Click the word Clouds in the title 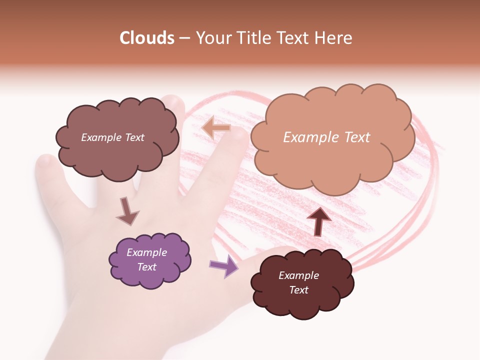(147, 38)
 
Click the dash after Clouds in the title (184, 38)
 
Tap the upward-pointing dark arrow (318, 221)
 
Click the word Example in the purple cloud (146, 252)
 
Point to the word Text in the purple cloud (147, 267)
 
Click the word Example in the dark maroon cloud (298, 275)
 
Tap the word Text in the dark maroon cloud (299, 290)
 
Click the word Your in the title (210, 38)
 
